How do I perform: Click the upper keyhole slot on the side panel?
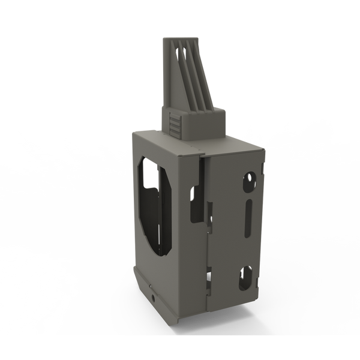[x=248, y=179]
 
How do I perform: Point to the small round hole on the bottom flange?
[x=155, y=297]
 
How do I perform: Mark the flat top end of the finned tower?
[x=184, y=37]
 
